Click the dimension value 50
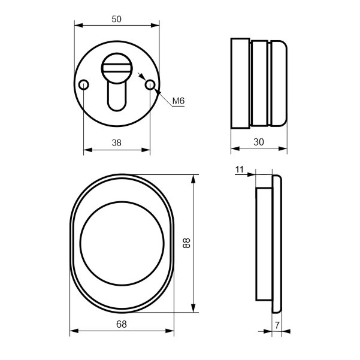[116, 19]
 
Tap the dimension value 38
[116, 143]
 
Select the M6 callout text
[179, 101]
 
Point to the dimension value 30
[259, 142]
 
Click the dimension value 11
[239, 170]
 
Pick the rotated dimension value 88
[186, 243]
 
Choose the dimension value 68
[122, 324]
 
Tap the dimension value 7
[277, 325]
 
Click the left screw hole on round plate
[84, 84]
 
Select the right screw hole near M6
[150, 84]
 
